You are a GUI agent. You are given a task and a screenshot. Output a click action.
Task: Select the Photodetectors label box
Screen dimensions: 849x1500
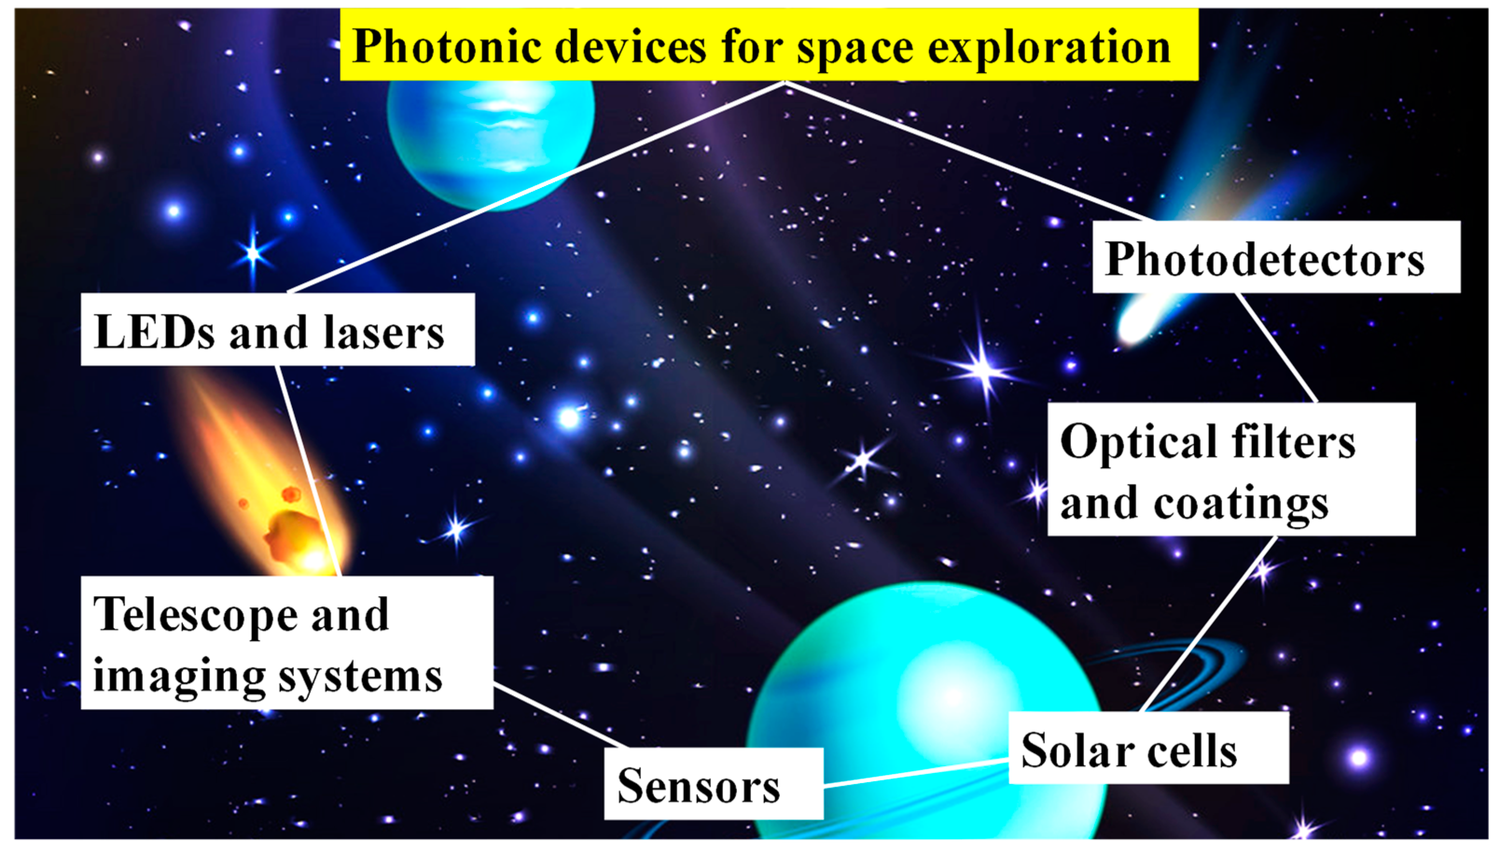[1275, 257]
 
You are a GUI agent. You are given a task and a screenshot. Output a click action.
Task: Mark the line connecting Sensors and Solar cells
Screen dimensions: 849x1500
[915, 773]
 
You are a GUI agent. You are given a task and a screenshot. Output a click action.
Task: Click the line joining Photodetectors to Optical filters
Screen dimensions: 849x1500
[1277, 348]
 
